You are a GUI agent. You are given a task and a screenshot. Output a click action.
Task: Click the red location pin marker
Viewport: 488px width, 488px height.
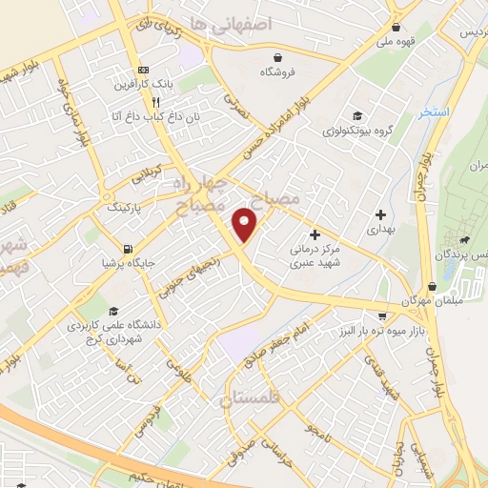(245, 224)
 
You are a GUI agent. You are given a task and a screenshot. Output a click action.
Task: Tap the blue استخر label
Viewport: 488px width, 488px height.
(434, 112)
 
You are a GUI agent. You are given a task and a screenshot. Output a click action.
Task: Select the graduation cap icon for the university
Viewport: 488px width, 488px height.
(113, 311)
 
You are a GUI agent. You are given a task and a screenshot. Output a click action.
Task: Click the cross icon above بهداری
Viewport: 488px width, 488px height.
(380, 214)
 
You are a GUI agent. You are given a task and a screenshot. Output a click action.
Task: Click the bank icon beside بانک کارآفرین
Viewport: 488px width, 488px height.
(144, 70)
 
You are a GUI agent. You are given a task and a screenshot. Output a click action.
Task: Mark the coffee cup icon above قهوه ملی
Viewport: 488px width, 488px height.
(409, 27)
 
